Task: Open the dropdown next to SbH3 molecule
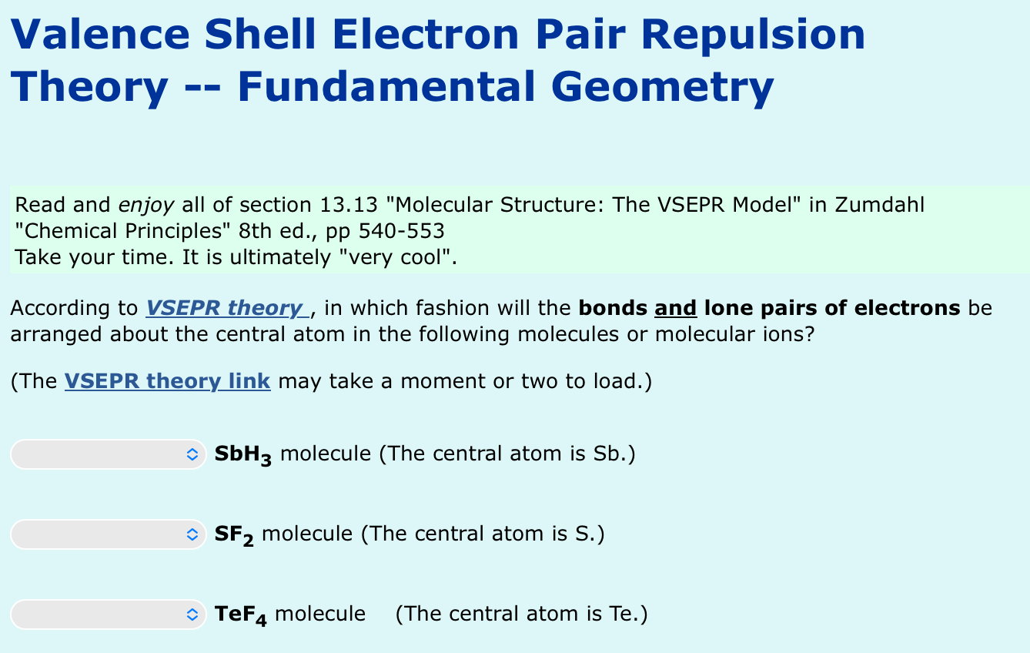(108, 454)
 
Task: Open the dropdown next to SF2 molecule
(108, 534)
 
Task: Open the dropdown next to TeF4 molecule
(108, 614)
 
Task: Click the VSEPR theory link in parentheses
(167, 381)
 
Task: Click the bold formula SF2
(234, 534)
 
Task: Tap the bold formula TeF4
(240, 614)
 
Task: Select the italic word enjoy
(146, 206)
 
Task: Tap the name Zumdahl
(879, 206)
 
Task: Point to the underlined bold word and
(675, 309)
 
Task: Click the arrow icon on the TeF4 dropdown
(192, 614)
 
